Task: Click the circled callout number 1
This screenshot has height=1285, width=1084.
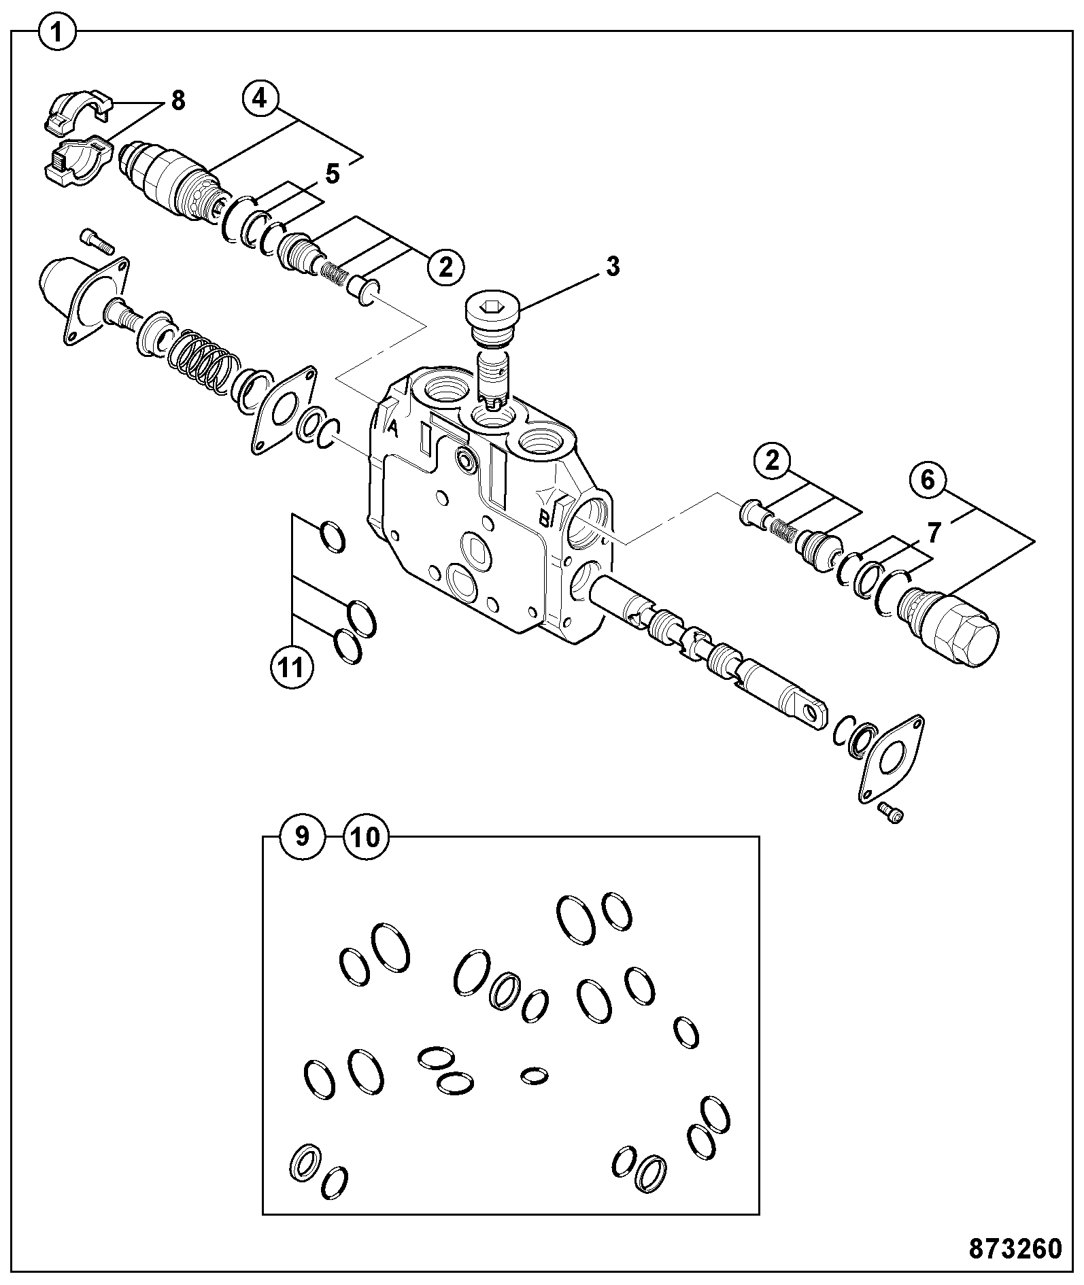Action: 58,32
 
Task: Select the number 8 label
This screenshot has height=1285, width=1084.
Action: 177,101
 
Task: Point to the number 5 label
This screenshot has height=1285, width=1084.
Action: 332,174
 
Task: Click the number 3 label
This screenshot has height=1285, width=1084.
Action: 613,267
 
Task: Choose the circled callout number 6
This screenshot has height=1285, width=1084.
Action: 928,481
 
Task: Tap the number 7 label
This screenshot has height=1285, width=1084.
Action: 934,534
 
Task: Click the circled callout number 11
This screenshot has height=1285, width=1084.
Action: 292,668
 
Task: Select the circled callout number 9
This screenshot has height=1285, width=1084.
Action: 302,836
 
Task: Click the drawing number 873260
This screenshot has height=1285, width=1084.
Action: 1015,1249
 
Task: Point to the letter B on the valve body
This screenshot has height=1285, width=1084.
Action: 545,519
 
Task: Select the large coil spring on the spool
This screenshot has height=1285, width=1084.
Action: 202,360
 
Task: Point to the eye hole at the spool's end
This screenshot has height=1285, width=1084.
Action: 811,711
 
